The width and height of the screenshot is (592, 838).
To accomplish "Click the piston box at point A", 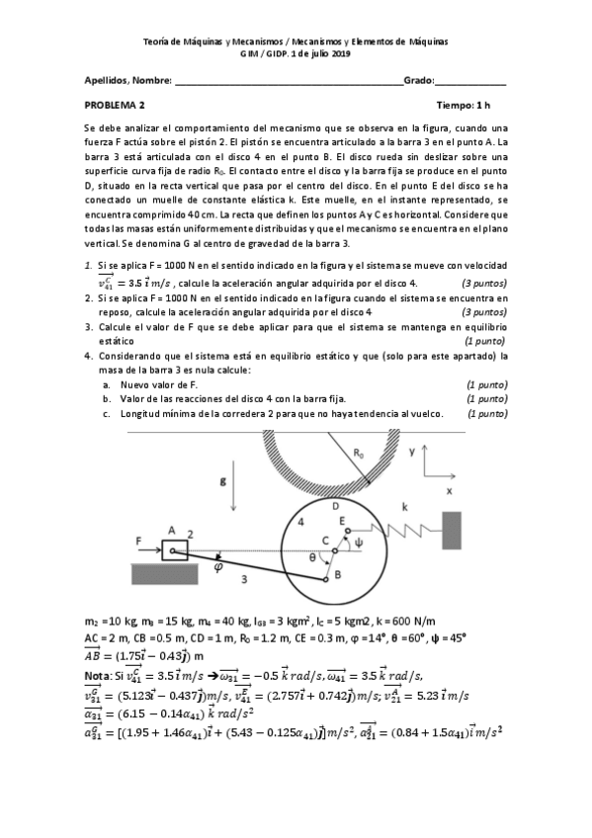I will point(173,549).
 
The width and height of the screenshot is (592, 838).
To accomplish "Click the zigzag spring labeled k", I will point(405,528).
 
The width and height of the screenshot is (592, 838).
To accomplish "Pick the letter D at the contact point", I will point(335,504).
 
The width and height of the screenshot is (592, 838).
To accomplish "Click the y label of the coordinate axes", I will point(411,450).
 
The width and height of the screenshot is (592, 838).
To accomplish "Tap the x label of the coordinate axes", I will point(449,490).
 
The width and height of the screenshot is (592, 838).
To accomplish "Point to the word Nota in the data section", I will point(98,675).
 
